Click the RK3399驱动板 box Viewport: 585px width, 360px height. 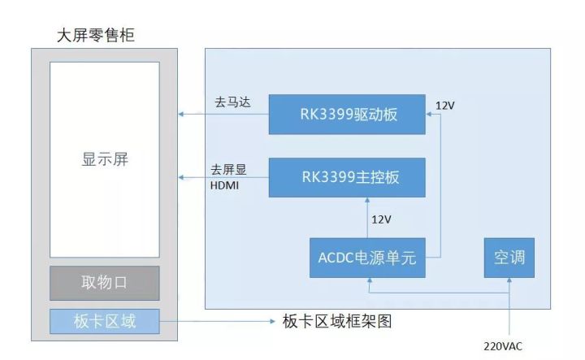(347, 114)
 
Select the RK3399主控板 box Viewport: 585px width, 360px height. (347, 177)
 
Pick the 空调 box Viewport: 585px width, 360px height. (509, 258)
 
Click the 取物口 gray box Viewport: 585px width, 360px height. (104, 283)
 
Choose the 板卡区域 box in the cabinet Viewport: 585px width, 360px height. (104, 322)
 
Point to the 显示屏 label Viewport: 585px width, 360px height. (105, 159)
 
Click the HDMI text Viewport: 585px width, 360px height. (226, 184)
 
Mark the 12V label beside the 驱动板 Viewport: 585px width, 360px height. (445, 106)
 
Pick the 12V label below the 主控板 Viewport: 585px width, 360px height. (381, 219)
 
